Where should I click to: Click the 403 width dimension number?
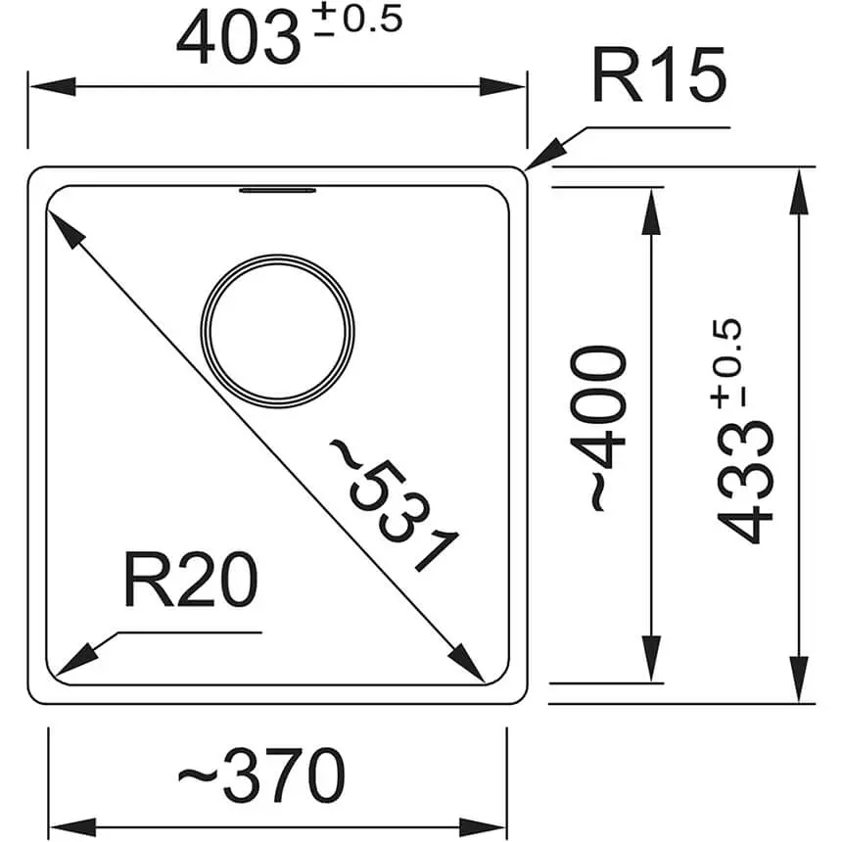237,39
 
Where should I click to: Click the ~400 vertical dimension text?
597,427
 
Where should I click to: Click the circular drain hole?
277,328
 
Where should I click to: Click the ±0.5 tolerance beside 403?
358,23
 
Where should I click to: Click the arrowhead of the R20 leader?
74,662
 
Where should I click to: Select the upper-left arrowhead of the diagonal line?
61,224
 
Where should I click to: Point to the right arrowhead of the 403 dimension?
508,87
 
